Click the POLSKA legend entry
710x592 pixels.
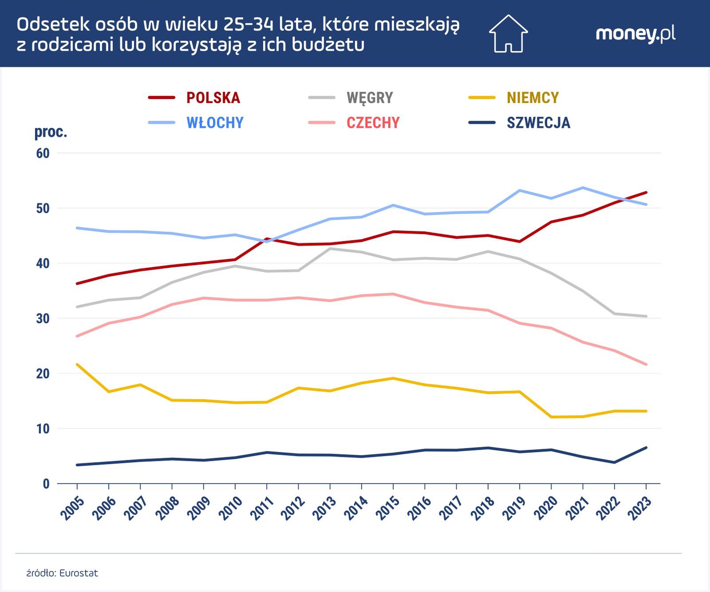click(213, 98)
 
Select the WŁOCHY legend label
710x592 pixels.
click(215, 123)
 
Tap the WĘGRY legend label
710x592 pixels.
click(370, 98)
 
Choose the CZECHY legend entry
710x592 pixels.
click(373, 123)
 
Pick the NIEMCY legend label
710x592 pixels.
click(532, 98)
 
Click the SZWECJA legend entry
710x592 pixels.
click(538, 123)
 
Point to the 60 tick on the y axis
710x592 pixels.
click(43, 153)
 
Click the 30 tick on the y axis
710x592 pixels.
click(43, 318)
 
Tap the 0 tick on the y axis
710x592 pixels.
click(46, 484)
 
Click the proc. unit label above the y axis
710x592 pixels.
click(51, 132)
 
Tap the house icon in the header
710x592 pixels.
click(508, 34)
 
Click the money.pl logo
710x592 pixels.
click(635, 34)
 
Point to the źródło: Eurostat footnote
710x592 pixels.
click(62, 573)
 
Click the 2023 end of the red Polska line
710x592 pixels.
click(646, 192)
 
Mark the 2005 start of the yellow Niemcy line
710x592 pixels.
click(77, 365)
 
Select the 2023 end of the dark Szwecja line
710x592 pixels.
click(646, 448)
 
